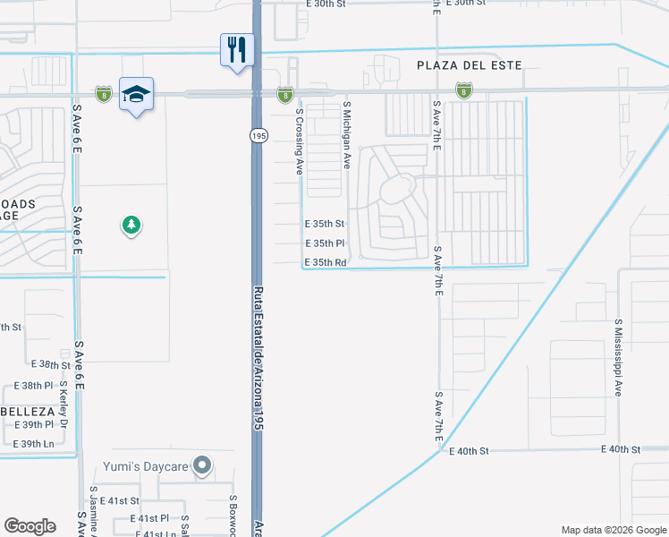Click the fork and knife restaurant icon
click(238, 49)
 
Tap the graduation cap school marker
click(136, 95)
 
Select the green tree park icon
click(131, 225)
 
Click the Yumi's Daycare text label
click(150, 465)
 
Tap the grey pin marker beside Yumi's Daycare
click(203, 465)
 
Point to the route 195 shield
click(258, 135)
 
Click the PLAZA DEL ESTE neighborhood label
click(469, 65)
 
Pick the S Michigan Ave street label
click(346, 135)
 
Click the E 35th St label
click(324, 224)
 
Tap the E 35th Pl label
click(325, 243)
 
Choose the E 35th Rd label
click(325, 263)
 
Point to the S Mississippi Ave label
click(618, 356)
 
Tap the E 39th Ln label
click(33, 444)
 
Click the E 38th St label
click(50, 365)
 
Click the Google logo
click(30, 526)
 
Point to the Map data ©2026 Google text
click(613, 530)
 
